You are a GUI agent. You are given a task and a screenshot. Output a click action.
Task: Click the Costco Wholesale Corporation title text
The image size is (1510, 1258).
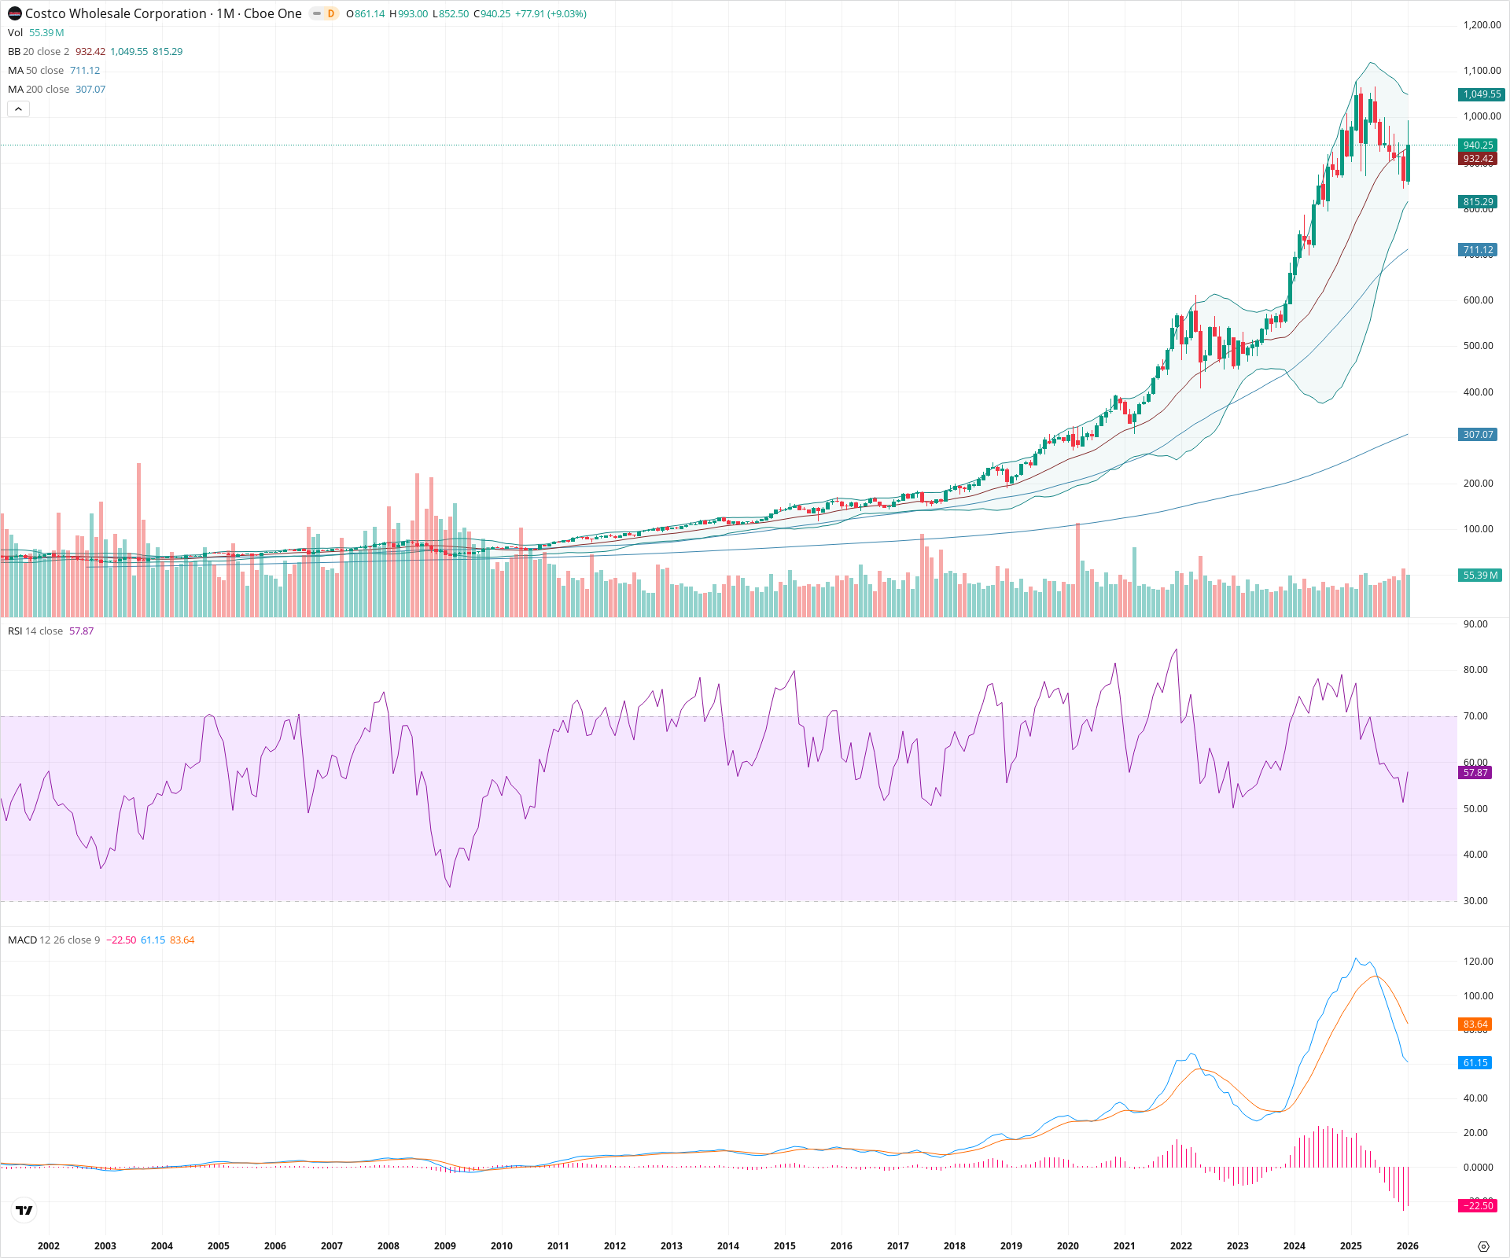pyautogui.click(x=116, y=13)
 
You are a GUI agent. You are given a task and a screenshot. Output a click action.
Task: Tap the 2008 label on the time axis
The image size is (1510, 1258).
pyautogui.click(x=388, y=1245)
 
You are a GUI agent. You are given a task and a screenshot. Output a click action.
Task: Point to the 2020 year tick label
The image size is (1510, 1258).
pyautogui.click(x=1067, y=1245)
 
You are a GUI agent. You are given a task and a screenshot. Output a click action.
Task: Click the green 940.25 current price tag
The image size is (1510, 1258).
pyautogui.click(x=1478, y=145)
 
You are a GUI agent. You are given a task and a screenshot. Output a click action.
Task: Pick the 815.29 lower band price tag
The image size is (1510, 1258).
pyautogui.click(x=1478, y=202)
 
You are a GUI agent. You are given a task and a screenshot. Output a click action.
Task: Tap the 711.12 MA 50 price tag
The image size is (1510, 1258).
pyautogui.click(x=1478, y=250)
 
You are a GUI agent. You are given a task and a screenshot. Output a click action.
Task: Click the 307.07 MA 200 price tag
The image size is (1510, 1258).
pyautogui.click(x=1478, y=435)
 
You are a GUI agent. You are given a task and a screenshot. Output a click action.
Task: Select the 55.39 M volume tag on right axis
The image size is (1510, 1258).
pyautogui.click(x=1480, y=576)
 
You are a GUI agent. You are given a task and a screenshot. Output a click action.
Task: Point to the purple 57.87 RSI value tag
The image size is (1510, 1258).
pyautogui.click(x=1475, y=773)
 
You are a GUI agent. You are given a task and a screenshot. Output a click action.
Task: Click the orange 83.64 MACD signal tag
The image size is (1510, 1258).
pyautogui.click(x=1475, y=1024)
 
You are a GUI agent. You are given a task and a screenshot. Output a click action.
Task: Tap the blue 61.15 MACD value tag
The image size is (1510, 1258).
pyautogui.click(x=1475, y=1063)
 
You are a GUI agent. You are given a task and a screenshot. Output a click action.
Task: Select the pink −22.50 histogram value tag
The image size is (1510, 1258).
pyautogui.click(x=1477, y=1206)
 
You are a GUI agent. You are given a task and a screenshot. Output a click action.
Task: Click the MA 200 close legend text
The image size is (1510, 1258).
pyautogui.click(x=39, y=90)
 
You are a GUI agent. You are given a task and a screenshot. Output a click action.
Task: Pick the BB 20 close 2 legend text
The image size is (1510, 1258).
pyautogui.click(x=39, y=52)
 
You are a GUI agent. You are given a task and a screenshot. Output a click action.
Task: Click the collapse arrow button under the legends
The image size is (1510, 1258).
pyautogui.click(x=18, y=109)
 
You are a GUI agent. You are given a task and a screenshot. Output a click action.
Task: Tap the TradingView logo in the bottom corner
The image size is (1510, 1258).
pyautogui.click(x=24, y=1210)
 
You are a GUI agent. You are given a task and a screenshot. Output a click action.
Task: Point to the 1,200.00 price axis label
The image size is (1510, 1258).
pyautogui.click(x=1482, y=25)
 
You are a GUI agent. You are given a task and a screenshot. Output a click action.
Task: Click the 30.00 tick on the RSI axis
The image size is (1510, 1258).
pyautogui.click(x=1475, y=901)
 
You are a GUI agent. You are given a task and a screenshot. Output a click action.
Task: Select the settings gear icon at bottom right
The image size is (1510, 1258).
pyautogui.click(x=1483, y=1246)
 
